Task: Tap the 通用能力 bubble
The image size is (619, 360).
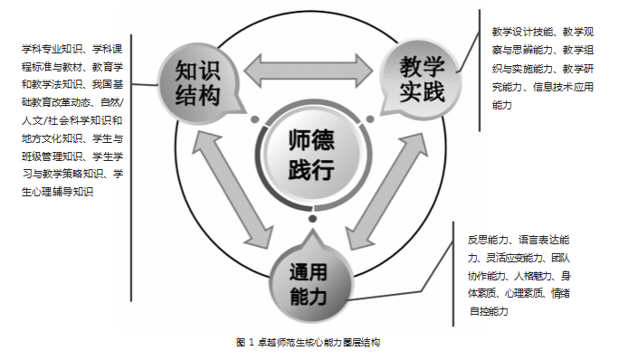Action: pyautogui.click(x=308, y=279)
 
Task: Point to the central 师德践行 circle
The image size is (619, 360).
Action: pyautogui.click(x=310, y=155)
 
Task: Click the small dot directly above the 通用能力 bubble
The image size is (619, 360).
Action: pyautogui.click(x=310, y=220)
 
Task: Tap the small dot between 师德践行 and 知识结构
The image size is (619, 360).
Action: pyautogui.click(x=256, y=120)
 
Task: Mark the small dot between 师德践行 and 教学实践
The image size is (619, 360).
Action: pyautogui.click(x=365, y=120)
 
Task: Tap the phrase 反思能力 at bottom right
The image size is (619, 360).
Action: pyautogui.click(x=483, y=241)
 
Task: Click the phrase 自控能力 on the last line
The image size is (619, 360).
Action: pyautogui.click(x=488, y=312)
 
